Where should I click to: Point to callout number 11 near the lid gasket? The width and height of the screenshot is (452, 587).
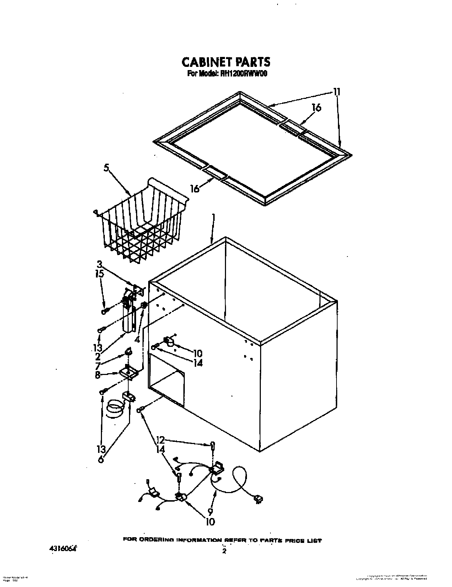(337, 92)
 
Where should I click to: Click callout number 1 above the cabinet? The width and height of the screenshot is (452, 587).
(214, 217)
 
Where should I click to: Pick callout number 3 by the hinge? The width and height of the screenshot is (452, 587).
(99, 264)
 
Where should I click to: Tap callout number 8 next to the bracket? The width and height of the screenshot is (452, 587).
(97, 374)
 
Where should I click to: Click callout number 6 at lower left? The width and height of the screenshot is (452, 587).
(101, 459)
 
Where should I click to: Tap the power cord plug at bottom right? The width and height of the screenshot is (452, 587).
(258, 500)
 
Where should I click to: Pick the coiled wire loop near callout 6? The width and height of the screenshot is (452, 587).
(115, 408)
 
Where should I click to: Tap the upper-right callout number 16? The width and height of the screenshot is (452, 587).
(316, 107)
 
